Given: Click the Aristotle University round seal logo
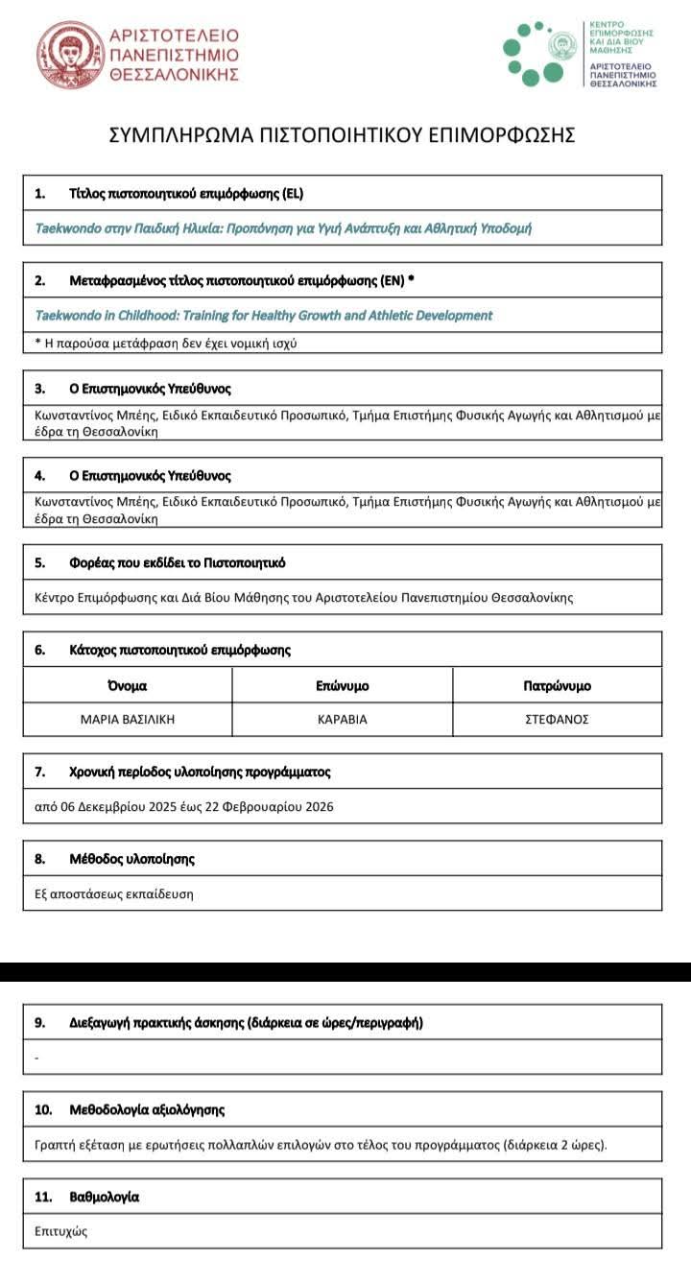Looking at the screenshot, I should pos(71,56).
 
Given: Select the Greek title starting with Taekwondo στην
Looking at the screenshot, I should pos(283,228).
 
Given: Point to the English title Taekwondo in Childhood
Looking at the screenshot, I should pos(263,315).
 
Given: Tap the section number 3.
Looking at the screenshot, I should pos(39,389).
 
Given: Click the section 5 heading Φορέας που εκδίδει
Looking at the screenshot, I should pos(178,562).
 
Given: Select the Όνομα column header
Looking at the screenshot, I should pos(128,686).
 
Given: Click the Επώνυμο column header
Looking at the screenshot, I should pos(343,686).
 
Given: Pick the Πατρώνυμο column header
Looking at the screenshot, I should pos(557,686).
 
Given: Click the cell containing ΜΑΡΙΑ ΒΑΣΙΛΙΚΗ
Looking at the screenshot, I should pos(128,719).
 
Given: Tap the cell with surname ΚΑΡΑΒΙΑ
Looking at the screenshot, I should pos(343,719).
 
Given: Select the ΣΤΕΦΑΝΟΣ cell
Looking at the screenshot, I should pos(557,719).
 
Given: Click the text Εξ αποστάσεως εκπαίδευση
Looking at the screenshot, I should pos(113,893).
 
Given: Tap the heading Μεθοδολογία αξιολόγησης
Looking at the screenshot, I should pos(147,1109).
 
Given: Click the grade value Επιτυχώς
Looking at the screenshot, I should pos(60,1230).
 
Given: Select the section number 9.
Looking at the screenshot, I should pos(39,1022).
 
